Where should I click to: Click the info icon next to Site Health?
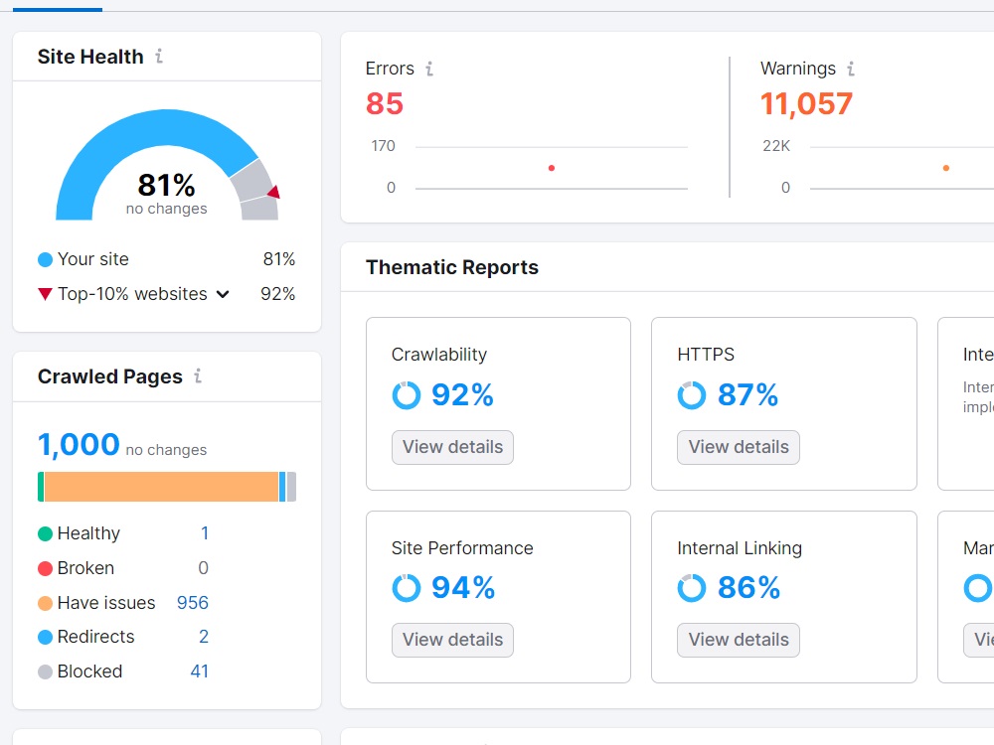point(159,57)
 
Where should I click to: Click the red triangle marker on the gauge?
point(273,192)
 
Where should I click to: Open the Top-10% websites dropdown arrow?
point(223,294)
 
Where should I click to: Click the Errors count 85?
point(385,103)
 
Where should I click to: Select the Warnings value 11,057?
point(806,103)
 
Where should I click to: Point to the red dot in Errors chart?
point(552,168)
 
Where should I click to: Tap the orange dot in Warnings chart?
point(945,168)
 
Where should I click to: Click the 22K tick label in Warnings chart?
point(775,146)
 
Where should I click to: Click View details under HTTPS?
point(738,447)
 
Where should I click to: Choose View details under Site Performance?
point(452,640)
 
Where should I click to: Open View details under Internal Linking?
point(738,640)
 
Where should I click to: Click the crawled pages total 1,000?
point(79,444)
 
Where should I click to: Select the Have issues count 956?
point(192,603)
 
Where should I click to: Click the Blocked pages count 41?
point(199,671)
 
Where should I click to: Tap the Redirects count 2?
point(204,637)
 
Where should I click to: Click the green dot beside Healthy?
point(45,534)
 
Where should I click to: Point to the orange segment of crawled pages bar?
point(161,487)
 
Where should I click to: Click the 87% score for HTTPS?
point(747,395)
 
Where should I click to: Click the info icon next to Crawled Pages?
point(198,375)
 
